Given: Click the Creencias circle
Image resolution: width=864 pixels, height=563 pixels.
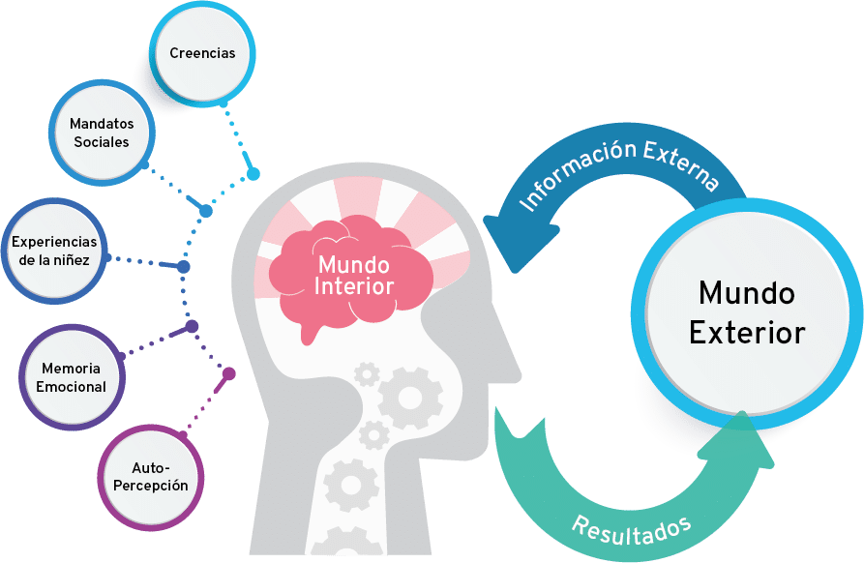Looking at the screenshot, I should [202, 53].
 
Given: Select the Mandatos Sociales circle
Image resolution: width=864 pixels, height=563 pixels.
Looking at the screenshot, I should [102, 133].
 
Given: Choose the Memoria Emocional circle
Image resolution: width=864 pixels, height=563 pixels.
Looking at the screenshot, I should [74, 377].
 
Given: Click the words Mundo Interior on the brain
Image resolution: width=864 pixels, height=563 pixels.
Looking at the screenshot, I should [355, 275].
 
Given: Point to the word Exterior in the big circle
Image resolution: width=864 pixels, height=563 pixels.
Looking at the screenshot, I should [746, 333].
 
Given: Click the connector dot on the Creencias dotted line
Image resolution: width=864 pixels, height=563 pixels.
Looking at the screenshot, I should [253, 174].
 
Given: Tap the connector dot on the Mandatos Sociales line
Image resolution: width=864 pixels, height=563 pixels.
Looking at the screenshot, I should [205, 210].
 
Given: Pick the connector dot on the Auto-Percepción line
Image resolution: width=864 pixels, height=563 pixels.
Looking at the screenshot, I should [229, 372].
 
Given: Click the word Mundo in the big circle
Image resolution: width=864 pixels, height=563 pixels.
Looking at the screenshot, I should [746, 292].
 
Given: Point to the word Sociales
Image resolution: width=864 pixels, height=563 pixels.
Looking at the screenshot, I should [102, 142].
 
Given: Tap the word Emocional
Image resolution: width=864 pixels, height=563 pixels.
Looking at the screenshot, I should [74, 387].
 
